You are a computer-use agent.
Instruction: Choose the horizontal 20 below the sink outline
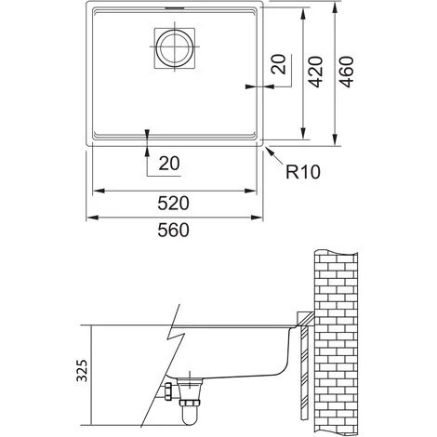pyautogui.click(x=168, y=164)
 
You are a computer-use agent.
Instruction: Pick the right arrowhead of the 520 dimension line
pyautogui.click(x=256, y=191)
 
